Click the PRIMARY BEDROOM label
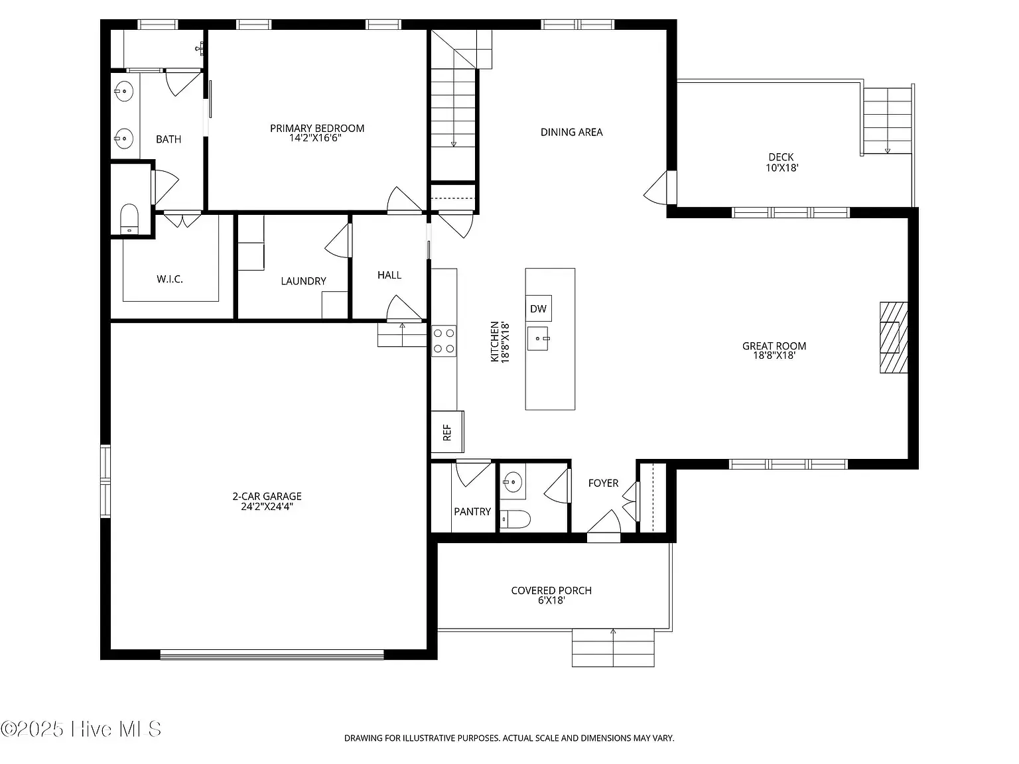coord(317,128)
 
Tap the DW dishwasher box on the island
coord(539,308)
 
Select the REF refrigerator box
coord(448,432)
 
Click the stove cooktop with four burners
coord(444,341)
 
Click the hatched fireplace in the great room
coord(894,338)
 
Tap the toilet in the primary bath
coord(129,219)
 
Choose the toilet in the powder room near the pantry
coord(515,519)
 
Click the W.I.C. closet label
coord(169,279)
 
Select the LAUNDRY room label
coord(304,281)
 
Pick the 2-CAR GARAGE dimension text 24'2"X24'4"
coord(267,507)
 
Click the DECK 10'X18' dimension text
coord(781,168)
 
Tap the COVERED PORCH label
coord(551,590)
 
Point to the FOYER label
coord(603,483)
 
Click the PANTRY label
coord(472,511)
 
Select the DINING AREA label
coord(571,132)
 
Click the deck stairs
coord(887,121)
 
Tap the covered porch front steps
coord(613,647)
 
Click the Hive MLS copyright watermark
coord(81,729)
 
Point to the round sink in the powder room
coord(513,482)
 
